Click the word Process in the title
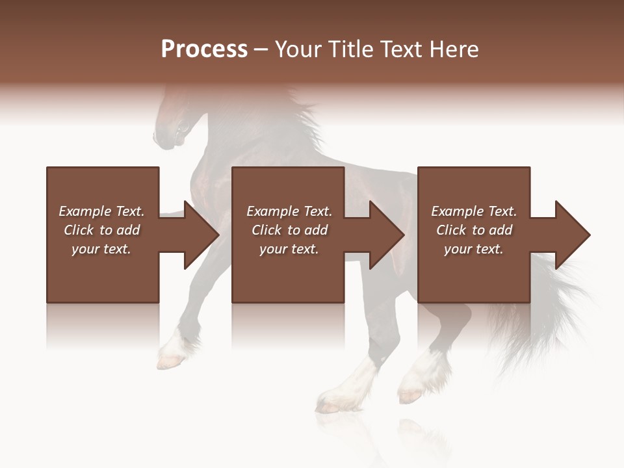(204, 49)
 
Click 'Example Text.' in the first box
(101, 211)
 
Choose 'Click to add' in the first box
(101, 230)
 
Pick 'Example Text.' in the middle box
(289, 211)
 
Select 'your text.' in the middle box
(289, 249)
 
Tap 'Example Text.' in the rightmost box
(474, 211)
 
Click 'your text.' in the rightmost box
(474, 249)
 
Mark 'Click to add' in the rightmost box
(474, 230)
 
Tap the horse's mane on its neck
(299, 123)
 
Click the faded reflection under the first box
(102, 325)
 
